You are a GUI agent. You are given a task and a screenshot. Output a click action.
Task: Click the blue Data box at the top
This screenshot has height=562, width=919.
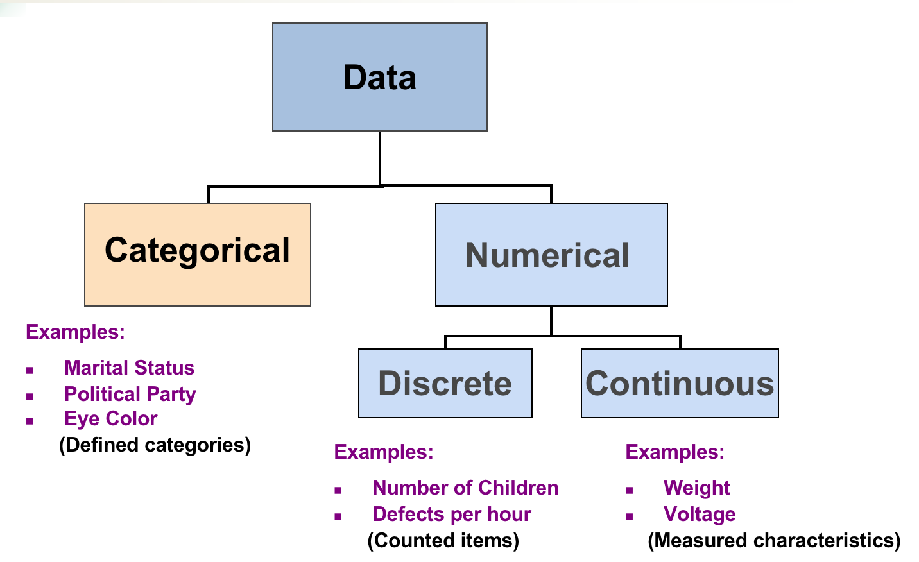tap(379, 77)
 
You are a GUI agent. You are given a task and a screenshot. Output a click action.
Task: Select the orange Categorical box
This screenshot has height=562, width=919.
tap(198, 254)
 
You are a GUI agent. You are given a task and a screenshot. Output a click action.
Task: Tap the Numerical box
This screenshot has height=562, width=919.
tap(551, 255)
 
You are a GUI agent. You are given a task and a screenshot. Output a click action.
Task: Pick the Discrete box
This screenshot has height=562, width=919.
tap(445, 383)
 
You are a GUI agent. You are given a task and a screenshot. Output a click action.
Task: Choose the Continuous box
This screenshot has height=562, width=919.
tap(679, 383)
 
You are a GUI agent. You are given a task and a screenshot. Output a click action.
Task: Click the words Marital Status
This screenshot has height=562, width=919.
tap(129, 368)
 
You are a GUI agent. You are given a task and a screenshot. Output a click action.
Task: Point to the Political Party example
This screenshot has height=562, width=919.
tap(130, 394)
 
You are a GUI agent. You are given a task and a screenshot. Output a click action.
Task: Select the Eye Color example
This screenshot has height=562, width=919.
tap(110, 418)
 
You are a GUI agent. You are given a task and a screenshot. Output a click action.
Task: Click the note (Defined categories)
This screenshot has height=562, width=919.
tap(155, 445)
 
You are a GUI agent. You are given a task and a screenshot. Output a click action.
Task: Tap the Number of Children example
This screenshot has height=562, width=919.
tap(465, 488)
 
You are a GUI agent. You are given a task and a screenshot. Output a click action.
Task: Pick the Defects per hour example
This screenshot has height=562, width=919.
tap(451, 514)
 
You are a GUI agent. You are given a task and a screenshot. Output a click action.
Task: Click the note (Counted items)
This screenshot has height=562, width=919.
tap(443, 540)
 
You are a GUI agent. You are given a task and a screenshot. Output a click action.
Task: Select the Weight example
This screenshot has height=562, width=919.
tap(696, 488)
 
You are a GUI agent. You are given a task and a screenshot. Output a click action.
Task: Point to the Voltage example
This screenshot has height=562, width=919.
tap(699, 514)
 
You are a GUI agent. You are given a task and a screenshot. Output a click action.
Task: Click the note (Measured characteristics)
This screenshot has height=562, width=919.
tap(774, 540)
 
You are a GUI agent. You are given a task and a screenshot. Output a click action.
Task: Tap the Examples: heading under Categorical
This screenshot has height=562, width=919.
tap(75, 332)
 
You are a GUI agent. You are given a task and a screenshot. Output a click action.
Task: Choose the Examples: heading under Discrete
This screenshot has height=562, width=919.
tap(384, 452)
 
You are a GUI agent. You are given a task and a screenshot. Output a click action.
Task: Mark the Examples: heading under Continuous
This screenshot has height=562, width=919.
tap(674, 452)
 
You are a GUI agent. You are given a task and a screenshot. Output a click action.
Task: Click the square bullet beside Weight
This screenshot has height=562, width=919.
tap(630, 490)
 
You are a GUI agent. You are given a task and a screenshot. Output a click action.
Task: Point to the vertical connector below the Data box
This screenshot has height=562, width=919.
tap(380, 158)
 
